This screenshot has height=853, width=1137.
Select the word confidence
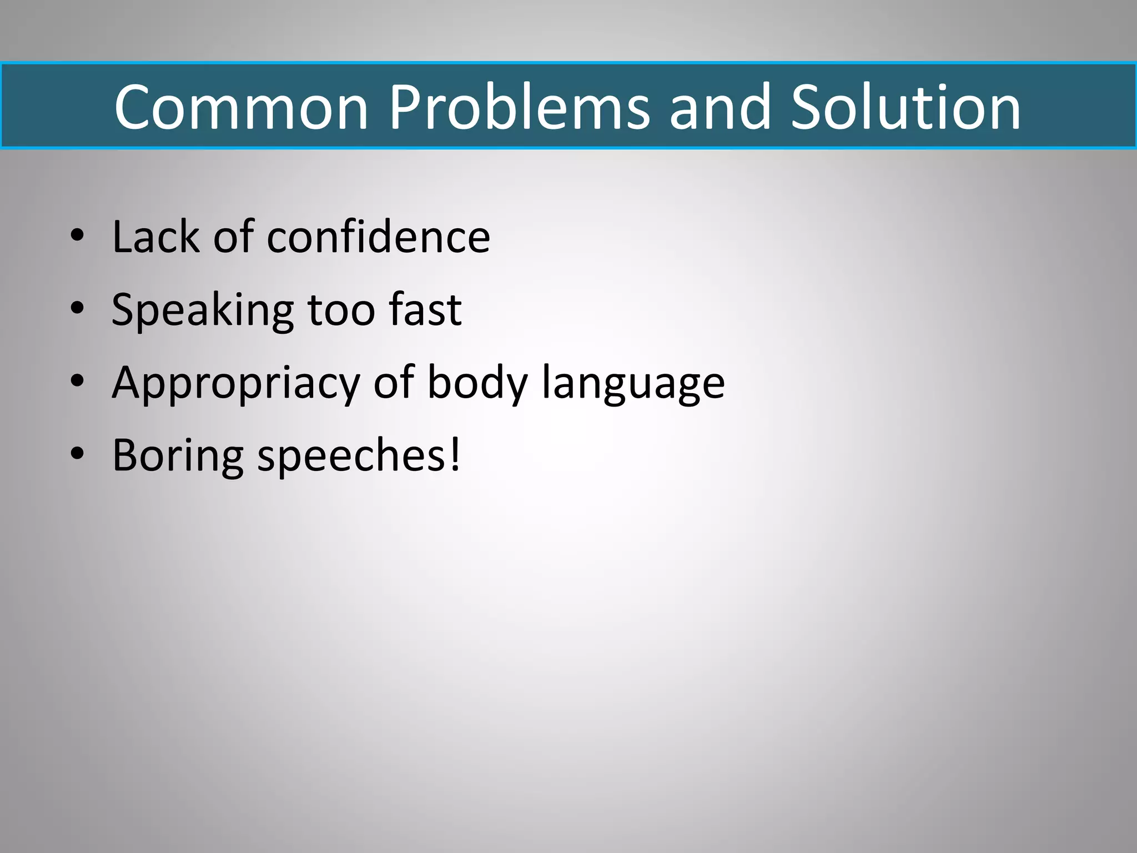point(379,237)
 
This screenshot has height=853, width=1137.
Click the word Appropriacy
point(236,384)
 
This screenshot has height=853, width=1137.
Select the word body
point(477,384)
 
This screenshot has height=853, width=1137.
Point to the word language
point(633,384)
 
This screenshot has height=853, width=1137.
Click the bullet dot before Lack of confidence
point(77,235)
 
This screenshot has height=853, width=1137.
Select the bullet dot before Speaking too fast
point(77,308)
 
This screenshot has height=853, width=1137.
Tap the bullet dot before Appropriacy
point(77,381)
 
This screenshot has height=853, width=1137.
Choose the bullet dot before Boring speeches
point(77,454)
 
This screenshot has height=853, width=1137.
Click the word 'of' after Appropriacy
point(394,383)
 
